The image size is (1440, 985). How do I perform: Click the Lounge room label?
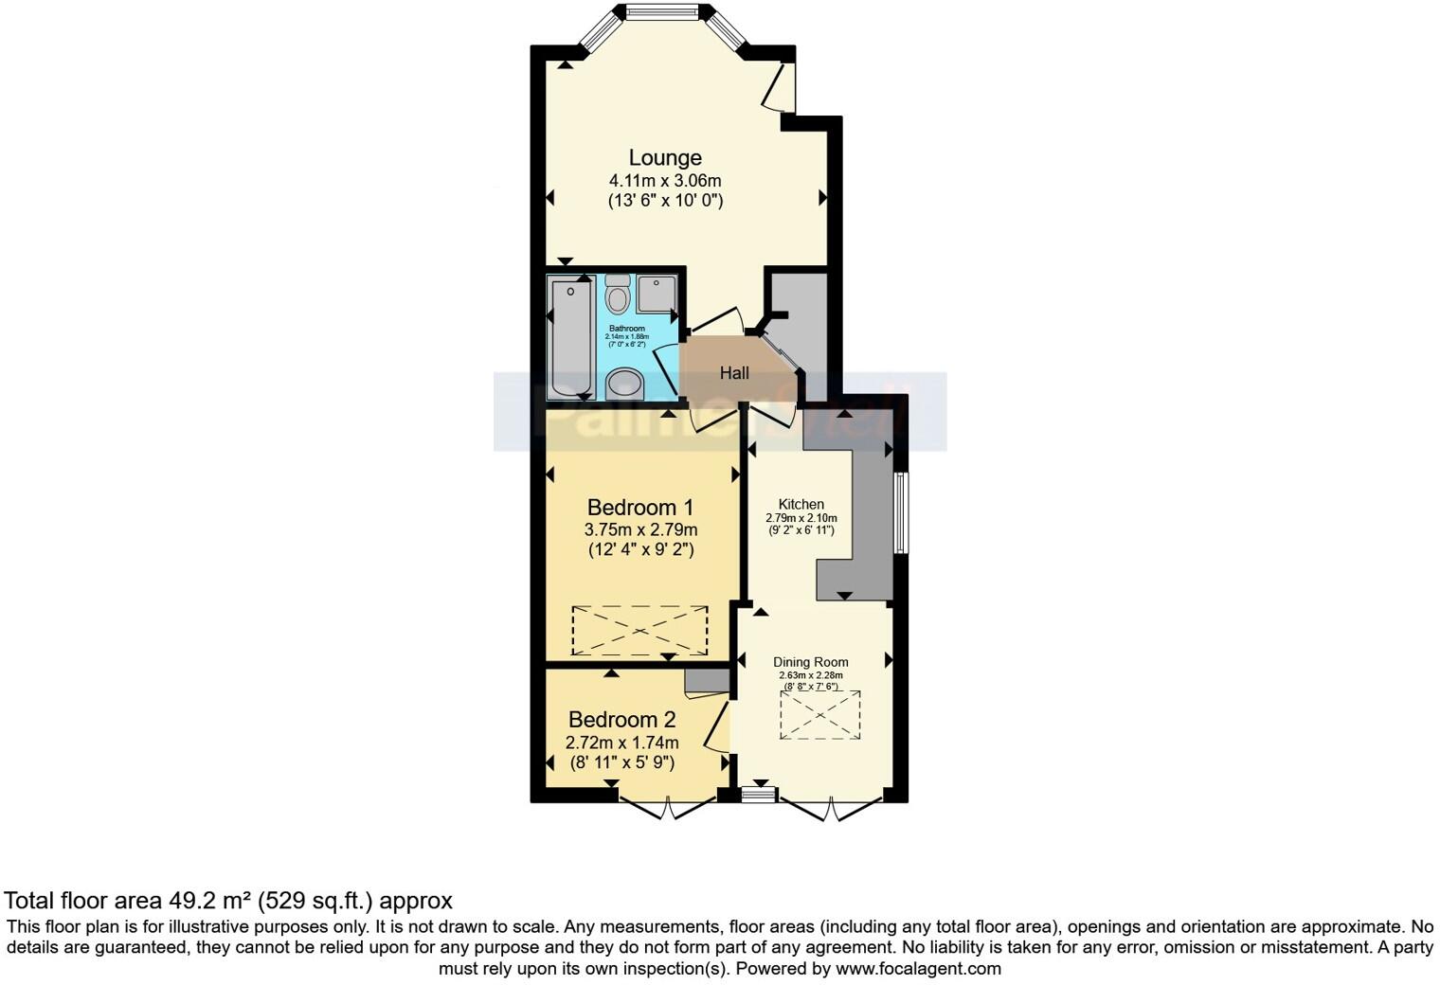(x=665, y=157)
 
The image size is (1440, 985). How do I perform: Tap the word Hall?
(x=734, y=373)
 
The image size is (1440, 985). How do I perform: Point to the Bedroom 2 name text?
(x=621, y=720)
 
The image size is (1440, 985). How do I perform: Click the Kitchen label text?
(x=801, y=504)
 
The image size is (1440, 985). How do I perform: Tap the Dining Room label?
(x=810, y=662)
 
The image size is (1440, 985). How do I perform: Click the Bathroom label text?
(x=626, y=329)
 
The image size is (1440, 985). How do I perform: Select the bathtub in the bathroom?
(x=570, y=338)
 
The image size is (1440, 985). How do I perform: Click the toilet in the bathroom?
(x=618, y=295)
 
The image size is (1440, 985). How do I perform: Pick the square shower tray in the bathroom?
(x=656, y=294)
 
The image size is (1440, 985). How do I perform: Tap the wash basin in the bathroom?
(x=623, y=384)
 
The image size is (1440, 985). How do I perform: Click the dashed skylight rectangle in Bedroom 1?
(x=639, y=630)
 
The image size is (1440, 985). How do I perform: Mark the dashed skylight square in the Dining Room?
(x=820, y=714)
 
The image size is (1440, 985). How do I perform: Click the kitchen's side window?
(x=901, y=512)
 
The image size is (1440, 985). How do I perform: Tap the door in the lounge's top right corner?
(x=782, y=87)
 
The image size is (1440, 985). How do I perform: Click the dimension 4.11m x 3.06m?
(x=665, y=180)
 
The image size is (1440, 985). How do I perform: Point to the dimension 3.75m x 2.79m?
(x=640, y=529)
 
